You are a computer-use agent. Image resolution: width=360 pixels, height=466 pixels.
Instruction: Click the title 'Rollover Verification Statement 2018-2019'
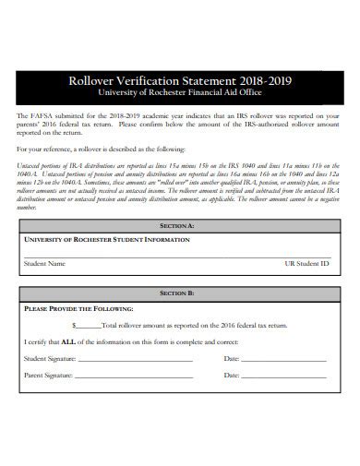[x=180, y=80]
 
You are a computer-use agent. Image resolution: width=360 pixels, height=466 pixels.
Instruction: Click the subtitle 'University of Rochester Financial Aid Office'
[x=180, y=93]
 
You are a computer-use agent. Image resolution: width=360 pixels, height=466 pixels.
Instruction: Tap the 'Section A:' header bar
[x=177, y=225]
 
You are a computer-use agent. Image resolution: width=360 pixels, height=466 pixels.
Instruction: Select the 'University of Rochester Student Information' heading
[x=106, y=239]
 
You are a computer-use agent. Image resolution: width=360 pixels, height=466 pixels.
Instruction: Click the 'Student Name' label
[x=44, y=263]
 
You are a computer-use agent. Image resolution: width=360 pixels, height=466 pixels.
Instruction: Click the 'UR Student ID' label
[x=306, y=263]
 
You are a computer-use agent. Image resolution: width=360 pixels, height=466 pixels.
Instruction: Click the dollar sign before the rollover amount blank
[x=74, y=325]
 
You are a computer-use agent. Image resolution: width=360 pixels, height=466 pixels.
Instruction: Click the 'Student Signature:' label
[x=50, y=358]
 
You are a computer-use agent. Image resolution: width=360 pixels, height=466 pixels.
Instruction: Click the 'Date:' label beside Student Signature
[x=232, y=358]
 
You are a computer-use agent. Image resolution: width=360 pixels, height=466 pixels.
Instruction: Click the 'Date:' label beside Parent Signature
[x=232, y=376]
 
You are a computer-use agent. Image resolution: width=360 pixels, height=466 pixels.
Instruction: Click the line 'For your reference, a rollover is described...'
[x=102, y=149]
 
